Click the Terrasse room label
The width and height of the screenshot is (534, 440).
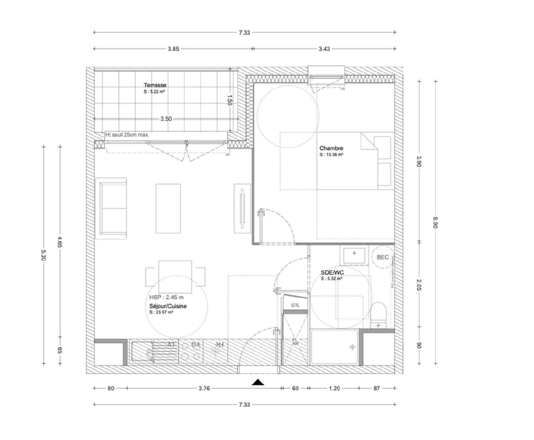pyautogui.click(x=155, y=85)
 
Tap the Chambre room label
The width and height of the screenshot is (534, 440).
pyautogui.click(x=331, y=148)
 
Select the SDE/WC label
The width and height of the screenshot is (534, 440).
pyautogui.click(x=332, y=273)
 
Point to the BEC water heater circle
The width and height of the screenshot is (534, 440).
pyautogui.click(x=382, y=257)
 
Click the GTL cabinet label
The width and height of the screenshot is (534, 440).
pyautogui.click(x=295, y=305)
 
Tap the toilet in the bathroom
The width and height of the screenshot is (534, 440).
pyautogui.click(x=378, y=315)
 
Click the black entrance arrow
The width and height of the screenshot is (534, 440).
pyautogui.click(x=258, y=382)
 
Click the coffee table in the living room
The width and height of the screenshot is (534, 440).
pyautogui.click(x=168, y=209)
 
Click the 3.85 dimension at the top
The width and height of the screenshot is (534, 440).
pyautogui.click(x=173, y=49)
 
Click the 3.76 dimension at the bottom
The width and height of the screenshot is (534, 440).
pyautogui.click(x=204, y=388)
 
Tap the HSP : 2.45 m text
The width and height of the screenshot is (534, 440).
pyautogui.click(x=167, y=297)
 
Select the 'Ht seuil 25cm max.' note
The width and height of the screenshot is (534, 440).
pyautogui.click(x=127, y=135)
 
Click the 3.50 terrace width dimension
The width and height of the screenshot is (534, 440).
pyautogui.click(x=166, y=119)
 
